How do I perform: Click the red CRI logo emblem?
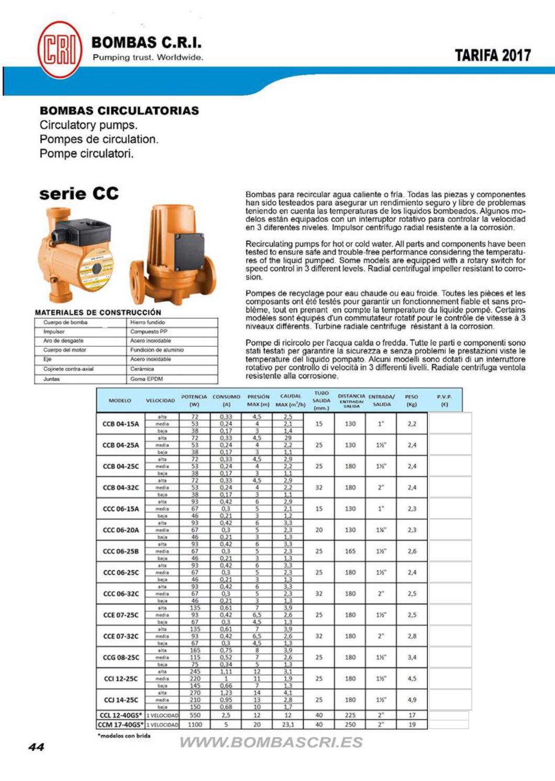[60, 50]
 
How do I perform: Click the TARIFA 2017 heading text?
[492, 56]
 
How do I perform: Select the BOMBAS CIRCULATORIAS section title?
[119, 111]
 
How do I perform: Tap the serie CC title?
[79, 193]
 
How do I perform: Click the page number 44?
[36, 747]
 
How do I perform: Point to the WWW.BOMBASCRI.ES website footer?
[271, 742]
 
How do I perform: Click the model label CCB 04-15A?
[121, 424]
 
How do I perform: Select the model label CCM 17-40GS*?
[120, 724]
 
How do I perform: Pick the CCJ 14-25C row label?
[121, 700]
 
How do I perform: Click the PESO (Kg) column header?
[412, 401]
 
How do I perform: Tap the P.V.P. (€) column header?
[445, 401]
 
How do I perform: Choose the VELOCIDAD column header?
[160, 401]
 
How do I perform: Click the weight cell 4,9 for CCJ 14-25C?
[412, 700]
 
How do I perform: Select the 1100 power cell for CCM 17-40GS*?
[195, 724]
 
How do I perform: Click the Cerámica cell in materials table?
[142, 369]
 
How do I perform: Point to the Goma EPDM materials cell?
[147, 379]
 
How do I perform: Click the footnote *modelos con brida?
[124, 735]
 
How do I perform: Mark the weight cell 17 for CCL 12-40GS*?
[412, 715]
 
